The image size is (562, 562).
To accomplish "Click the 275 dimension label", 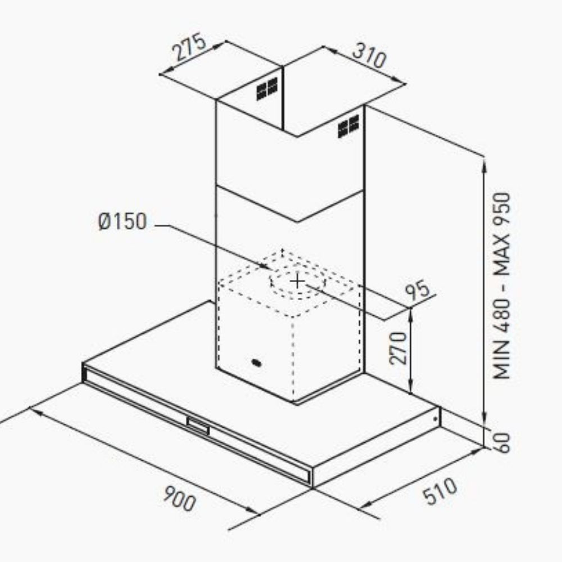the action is coord(189,47).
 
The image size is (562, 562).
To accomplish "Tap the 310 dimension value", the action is coord(370,56).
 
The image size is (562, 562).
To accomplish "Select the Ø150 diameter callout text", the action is coord(123,221).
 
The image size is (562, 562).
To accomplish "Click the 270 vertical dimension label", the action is coord(398,348).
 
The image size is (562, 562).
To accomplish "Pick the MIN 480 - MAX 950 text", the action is coord(501,285).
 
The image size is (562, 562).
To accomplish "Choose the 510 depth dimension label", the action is coord(440,491).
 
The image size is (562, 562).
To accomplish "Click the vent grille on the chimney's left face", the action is coord(267,88).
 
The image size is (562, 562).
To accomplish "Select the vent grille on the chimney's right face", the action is coord(348,126).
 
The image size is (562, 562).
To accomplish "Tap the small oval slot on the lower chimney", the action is coord(257,363).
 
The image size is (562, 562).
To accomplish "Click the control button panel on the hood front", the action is coord(198,426).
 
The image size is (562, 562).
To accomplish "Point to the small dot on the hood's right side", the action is coord(436,419).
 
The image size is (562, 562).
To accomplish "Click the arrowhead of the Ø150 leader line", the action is coord(266,266).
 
